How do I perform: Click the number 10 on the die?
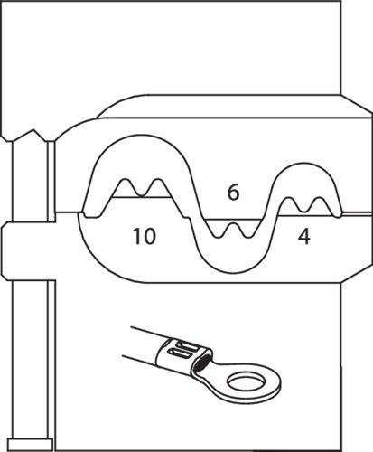(145, 236)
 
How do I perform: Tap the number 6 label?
(233, 193)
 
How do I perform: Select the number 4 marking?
(304, 237)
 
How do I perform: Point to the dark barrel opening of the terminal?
(201, 363)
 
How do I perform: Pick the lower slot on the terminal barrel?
(181, 353)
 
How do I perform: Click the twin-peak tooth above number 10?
(141, 188)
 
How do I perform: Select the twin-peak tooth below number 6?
(232, 230)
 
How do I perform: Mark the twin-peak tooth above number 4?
(309, 206)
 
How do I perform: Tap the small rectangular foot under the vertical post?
(31, 445)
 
